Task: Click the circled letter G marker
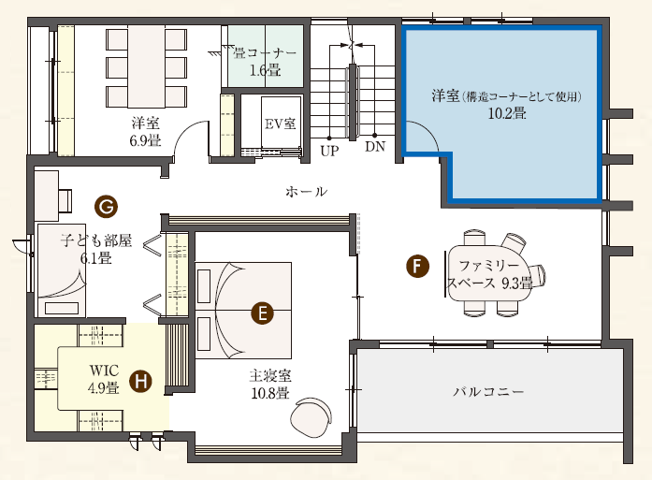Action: [x=106, y=206]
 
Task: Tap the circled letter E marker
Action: [x=262, y=313]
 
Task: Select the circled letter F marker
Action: [x=417, y=267]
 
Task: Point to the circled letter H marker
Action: [x=140, y=381]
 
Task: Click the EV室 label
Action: [x=281, y=124]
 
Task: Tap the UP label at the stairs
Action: [x=329, y=151]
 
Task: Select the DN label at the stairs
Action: [x=375, y=146]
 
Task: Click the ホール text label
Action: [x=307, y=191]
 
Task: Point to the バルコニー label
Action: [x=488, y=391]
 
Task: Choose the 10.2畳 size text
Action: [x=507, y=113]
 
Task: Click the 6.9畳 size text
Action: [x=145, y=140]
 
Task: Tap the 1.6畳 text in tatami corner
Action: [x=265, y=70]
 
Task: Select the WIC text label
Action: [x=104, y=371]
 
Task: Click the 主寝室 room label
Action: [x=270, y=375]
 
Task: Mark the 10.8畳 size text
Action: [x=270, y=393]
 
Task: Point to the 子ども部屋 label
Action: [x=96, y=240]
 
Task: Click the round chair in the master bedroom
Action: [x=312, y=417]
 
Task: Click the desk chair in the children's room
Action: [x=65, y=200]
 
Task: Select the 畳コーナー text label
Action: [x=265, y=52]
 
